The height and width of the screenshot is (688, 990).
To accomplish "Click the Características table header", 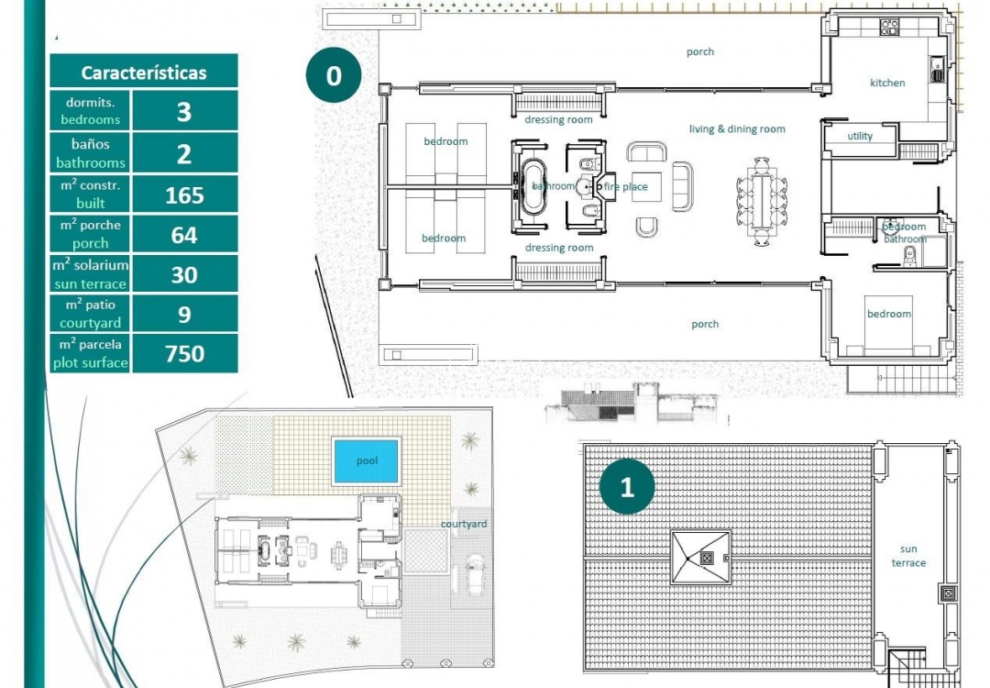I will (x=144, y=72).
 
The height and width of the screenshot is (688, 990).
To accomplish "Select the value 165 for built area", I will (x=184, y=195).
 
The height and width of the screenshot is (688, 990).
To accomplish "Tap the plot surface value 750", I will (x=184, y=353).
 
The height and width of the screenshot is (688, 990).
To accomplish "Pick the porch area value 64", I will (x=184, y=235).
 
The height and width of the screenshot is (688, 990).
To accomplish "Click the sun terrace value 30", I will (x=184, y=274).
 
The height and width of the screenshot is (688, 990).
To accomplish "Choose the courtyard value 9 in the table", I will (x=184, y=315).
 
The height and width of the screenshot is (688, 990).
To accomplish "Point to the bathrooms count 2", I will (x=184, y=153).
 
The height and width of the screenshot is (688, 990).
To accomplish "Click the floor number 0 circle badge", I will (x=333, y=75).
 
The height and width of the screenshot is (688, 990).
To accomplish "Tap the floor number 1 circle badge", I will (x=627, y=486).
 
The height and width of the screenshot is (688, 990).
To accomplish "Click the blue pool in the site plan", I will (x=366, y=461).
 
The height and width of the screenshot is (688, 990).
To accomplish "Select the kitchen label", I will (x=887, y=83).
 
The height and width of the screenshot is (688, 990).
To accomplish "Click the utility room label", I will (x=860, y=136).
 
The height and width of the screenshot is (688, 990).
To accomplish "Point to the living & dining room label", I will (x=737, y=129).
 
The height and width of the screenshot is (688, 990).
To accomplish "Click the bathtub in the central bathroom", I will (x=533, y=187).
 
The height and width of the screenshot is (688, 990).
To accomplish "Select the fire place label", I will (x=626, y=187).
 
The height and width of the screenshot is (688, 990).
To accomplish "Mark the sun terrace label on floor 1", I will (x=908, y=556).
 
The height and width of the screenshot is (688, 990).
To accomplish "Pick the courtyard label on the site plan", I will (x=464, y=524).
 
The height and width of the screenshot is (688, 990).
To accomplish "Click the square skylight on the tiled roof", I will (x=701, y=557).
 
